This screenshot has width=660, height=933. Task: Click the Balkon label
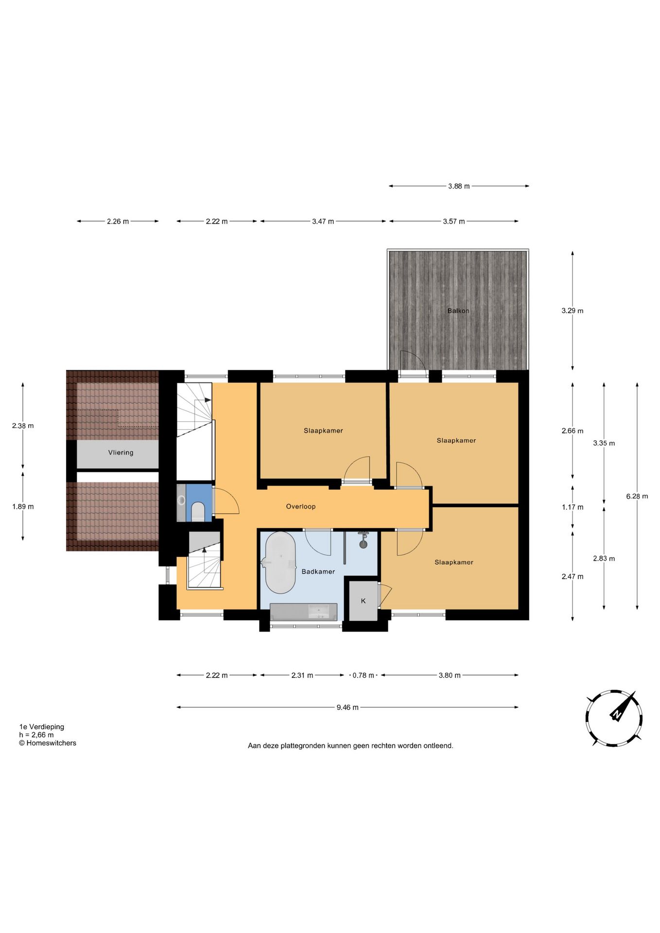point(458,311)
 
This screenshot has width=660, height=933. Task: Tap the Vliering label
point(121,452)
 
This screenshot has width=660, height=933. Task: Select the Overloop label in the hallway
point(301,506)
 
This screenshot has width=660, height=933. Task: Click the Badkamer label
point(318,571)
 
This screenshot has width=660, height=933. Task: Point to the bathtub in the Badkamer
point(280,562)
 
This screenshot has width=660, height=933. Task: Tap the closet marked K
point(364,601)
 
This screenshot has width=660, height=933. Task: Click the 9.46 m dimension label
point(347,707)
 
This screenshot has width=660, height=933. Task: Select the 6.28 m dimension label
point(637,496)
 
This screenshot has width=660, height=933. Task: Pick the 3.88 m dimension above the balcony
point(459,186)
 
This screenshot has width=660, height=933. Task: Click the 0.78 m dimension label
point(364,675)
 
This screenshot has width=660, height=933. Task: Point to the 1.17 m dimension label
point(573,507)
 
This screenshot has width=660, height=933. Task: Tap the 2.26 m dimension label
point(118,221)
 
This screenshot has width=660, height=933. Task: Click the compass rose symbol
point(614,718)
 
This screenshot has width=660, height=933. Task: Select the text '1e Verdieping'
point(42,726)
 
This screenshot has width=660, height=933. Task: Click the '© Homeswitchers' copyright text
point(48,743)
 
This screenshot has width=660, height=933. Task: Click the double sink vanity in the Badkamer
point(304,612)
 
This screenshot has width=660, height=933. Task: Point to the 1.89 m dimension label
point(23,506)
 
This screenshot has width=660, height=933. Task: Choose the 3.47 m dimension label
point(323,221)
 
